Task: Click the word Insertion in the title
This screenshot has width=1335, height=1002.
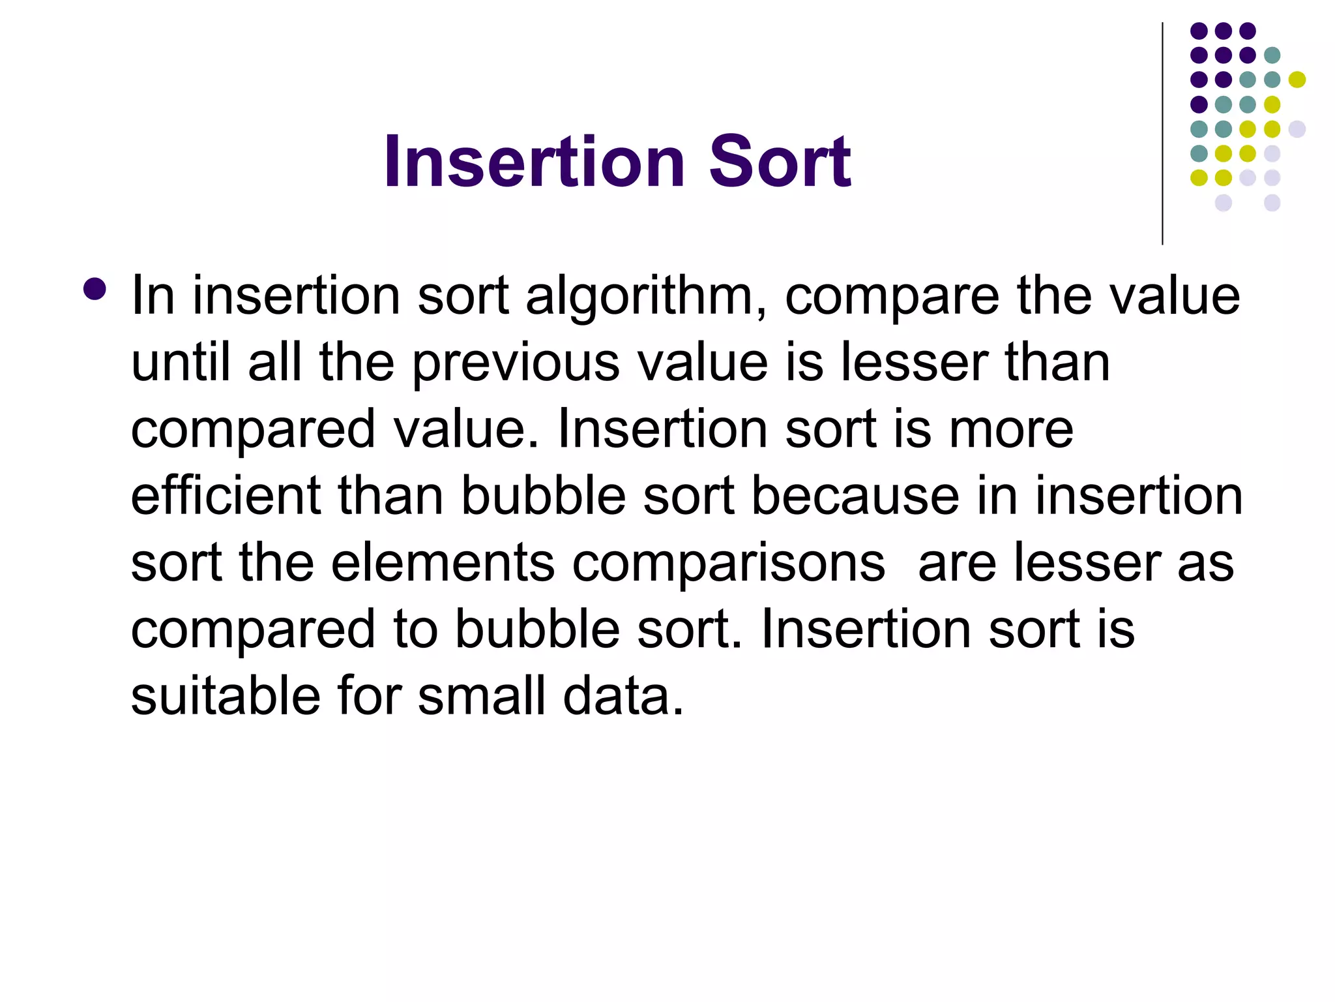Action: pos(535,161)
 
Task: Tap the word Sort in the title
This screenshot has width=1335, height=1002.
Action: pos(780,161)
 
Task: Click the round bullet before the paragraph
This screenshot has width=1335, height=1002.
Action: pos(95,289)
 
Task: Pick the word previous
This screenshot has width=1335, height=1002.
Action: pos(516,364)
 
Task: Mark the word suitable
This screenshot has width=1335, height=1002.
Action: pos(226,695)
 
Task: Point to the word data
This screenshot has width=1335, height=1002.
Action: pos(623,695)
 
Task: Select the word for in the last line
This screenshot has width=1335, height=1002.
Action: pos(369,695)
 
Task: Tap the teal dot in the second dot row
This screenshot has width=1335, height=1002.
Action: pos(1272,55)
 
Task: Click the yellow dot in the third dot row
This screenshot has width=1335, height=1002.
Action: pos(1297,80)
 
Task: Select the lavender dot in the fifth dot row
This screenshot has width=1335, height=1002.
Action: pos(1297,129)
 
